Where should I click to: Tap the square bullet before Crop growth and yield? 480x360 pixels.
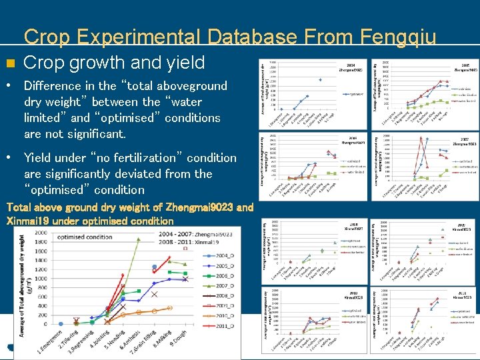point(9,64)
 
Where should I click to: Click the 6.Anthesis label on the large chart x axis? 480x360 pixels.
point(131,339)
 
